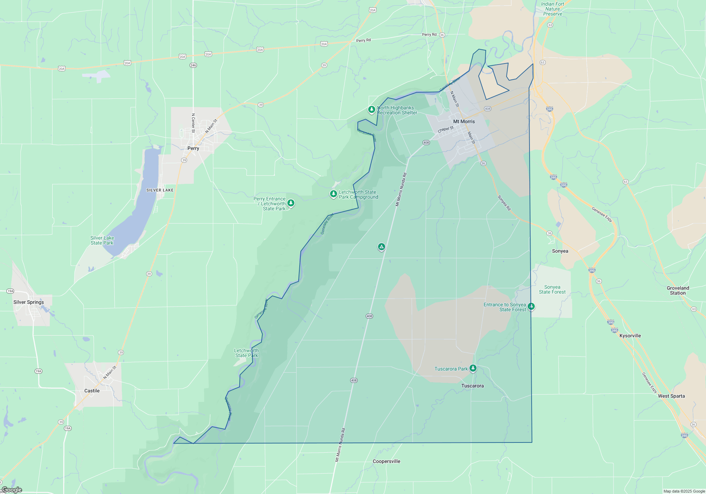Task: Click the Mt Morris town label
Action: pos(464,121)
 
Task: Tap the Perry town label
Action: pos(193,148)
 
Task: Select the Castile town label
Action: pos(92,391)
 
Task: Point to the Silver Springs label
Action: pos(29,302)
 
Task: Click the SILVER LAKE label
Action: pos(160,190)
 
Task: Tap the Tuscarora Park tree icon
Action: pos(473,368)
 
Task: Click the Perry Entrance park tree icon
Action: pos(291,203)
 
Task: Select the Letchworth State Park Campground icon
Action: pos(333,194)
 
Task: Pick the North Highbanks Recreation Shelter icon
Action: pos(371,109)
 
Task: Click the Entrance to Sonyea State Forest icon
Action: pos(531,306)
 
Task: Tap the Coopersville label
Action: pos(387,461)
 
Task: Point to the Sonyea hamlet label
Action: pos(560,251)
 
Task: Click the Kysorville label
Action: pos(630,336)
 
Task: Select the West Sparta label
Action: pos(671,396)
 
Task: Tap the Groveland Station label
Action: pos(678,290)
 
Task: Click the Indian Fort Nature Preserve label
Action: pos(552,9)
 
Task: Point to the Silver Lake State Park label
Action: pos(102,240)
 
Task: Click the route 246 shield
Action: pos(193,65)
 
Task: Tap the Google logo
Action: pos(12,490)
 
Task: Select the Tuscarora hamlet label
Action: pos(472,386)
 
